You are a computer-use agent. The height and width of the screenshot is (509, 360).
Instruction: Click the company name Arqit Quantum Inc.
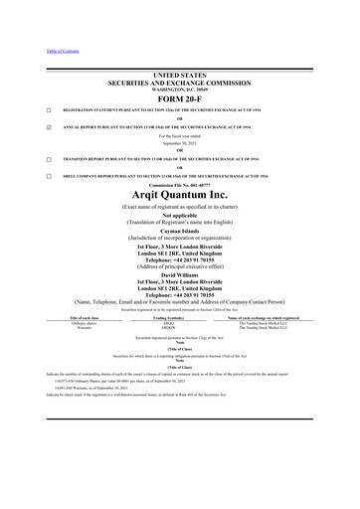pyautogui.click(x=180, y=199)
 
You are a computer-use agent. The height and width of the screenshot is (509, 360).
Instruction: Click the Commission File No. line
pyautogui.click(x=180, y=186)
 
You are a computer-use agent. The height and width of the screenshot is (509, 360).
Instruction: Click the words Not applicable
pyautogui.click(x=180, y=212)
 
